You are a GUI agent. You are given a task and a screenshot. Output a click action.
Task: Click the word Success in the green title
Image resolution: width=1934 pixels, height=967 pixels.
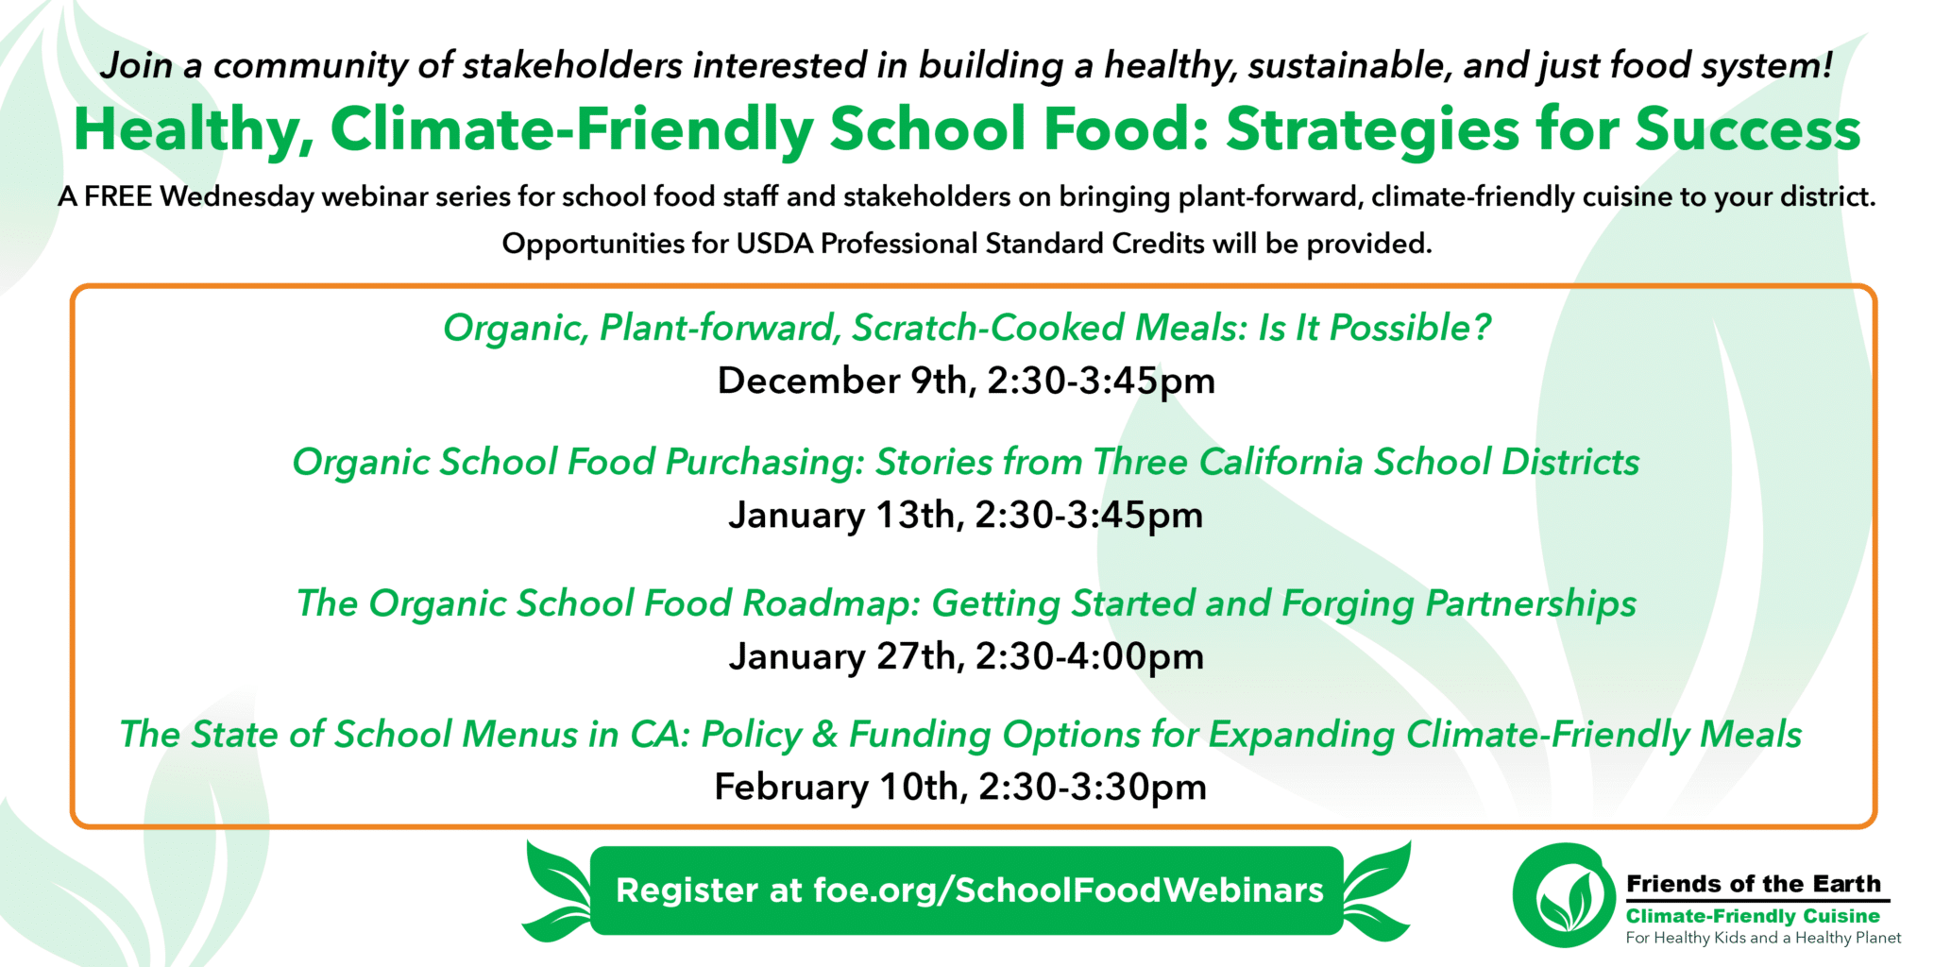[1747, 129]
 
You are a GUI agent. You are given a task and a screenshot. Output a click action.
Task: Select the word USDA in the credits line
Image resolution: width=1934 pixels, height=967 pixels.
[774, 244]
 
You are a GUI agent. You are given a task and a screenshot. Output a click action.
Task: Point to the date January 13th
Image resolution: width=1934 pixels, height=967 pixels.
[842, 516]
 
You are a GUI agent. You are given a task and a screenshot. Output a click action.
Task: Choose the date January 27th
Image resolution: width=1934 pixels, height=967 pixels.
[842, 656]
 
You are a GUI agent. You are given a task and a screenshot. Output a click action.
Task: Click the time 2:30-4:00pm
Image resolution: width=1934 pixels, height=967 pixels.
[1090, 656]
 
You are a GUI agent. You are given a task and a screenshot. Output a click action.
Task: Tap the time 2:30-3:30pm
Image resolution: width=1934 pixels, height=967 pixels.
[1093, 787]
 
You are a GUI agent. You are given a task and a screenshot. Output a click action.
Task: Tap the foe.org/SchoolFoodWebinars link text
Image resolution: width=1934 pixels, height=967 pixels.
[1068, 891]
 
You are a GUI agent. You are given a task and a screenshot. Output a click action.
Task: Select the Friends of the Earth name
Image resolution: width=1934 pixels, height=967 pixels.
[1753, 884]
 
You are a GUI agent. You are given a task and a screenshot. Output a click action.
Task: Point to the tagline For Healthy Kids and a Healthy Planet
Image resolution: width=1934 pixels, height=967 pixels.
[1762, 938]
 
